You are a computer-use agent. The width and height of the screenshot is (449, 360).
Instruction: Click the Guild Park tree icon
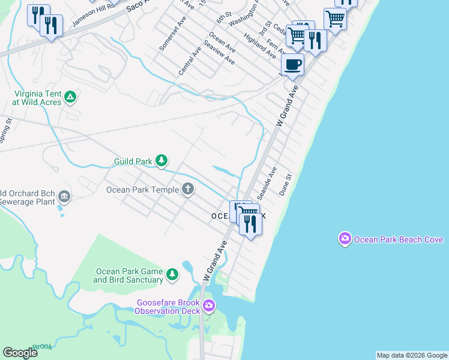click(161, 160)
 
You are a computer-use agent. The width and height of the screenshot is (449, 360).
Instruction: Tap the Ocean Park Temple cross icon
click(188, 190)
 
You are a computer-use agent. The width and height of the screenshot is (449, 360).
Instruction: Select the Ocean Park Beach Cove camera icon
click(345, 239)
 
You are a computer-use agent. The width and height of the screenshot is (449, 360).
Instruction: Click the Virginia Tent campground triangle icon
click(70, 96)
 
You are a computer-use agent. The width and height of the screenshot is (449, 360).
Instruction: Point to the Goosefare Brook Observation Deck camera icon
click(209, 306)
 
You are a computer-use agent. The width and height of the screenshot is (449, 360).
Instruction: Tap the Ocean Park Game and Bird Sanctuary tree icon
click(172, 274)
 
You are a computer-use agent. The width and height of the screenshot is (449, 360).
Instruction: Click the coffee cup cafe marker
click(292, 64)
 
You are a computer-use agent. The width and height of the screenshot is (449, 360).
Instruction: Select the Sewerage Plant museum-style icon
click(64, 196)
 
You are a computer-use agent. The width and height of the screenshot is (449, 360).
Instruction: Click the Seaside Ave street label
click(267, 183)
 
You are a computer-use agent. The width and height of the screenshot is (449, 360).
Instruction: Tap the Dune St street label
click(285, 185)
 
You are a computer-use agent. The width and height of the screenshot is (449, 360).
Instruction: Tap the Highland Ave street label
click(260, 46)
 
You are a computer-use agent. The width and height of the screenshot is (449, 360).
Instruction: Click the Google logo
click(20, 353)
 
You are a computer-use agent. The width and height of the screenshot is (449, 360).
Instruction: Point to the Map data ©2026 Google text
click(412, 355)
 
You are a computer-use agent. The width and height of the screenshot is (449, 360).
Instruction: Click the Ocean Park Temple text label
click(142, 190)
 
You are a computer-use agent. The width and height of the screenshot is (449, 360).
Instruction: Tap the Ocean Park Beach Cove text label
click(399, 239)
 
